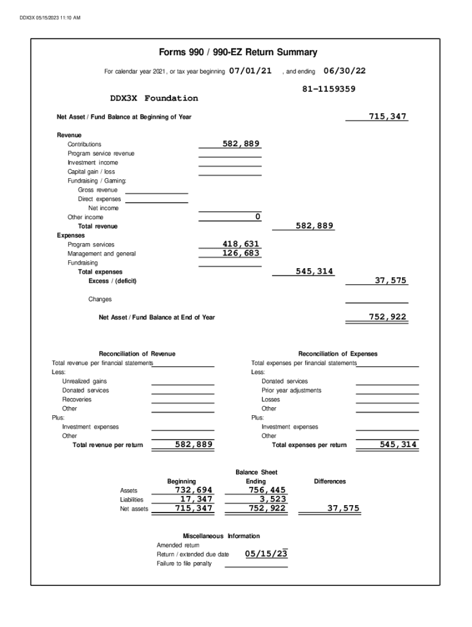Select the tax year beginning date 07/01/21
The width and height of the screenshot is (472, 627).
[250, 71]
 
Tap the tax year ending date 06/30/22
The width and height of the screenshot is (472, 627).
[344, 71]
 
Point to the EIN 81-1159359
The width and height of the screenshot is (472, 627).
[329, 89]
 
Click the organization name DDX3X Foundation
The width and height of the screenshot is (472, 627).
[154, 99]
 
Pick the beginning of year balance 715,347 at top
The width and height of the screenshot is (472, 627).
[387, 116]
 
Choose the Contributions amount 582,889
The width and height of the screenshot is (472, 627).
[241, 143]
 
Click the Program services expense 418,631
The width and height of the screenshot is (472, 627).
[241, 244]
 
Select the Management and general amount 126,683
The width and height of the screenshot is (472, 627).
[241, 253]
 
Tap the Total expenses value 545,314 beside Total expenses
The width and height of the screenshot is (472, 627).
[314, 271]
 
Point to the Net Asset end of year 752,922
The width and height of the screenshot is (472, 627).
[387, 317]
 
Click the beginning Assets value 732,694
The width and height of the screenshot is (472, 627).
[194, 490]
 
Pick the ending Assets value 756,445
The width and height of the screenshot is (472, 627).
[267, 490]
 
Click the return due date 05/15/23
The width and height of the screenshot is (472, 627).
[266, 554]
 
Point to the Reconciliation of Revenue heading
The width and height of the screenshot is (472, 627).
[137, 354]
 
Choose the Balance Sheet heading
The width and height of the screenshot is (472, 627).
[256, 472]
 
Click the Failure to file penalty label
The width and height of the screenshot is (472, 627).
[184, 563]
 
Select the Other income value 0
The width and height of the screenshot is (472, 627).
[257, 217]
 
